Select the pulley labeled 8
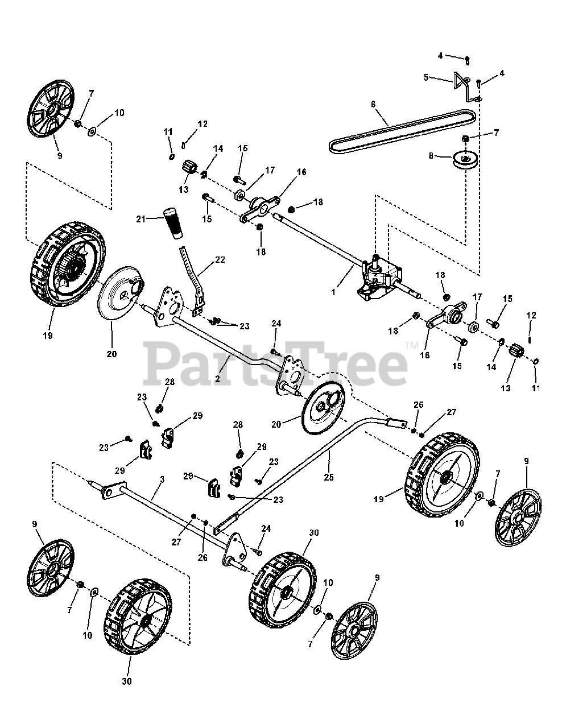(464, 158)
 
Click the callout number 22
(220, 260)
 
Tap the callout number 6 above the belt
(373, 104)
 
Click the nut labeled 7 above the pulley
(465, 138)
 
